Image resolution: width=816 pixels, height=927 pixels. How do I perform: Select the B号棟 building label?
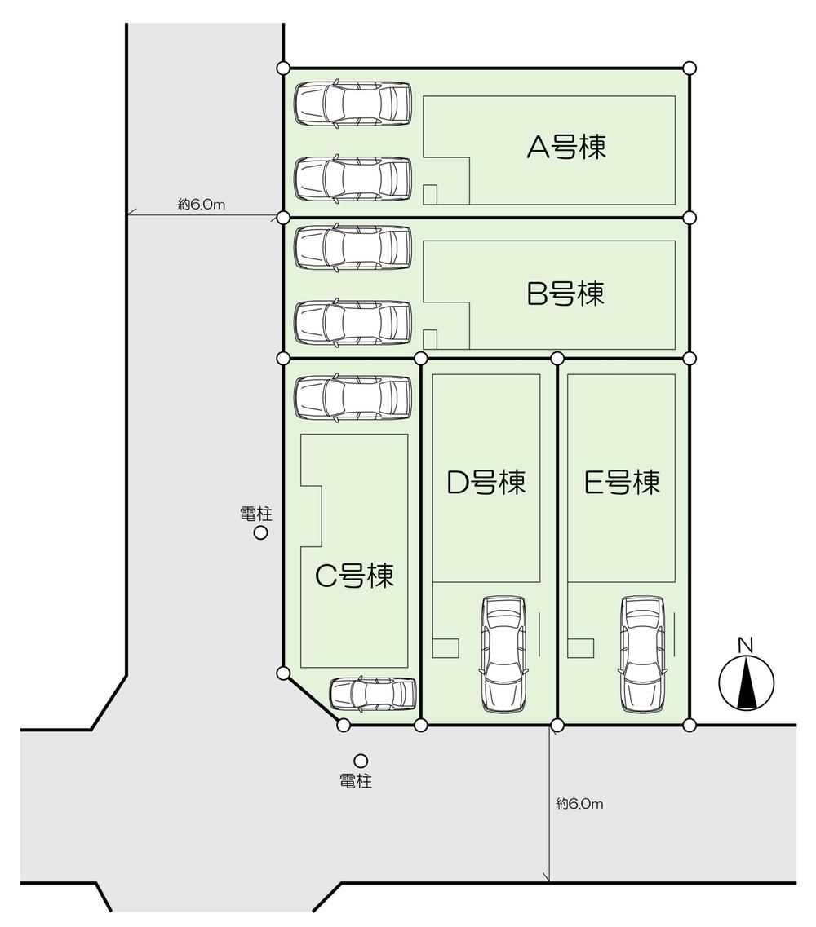tap(566, 293)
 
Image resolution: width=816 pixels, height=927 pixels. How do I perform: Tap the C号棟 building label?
tap(354, 576)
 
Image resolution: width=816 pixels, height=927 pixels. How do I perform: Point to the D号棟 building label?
tap(486, 482)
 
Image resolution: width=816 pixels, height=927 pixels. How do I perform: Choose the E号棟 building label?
tap(622, 482)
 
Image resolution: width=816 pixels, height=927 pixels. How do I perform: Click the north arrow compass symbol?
tap(746, 683)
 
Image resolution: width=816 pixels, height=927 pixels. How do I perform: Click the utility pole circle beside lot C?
tap(261, 533)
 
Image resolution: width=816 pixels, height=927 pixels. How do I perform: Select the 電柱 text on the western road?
tap(255, 514)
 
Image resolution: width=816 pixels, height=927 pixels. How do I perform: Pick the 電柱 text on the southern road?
tap(356, 781)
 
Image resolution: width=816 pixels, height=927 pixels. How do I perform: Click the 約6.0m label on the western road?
tap(202, 205)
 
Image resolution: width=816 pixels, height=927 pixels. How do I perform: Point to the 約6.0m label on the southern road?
tap(579, 804)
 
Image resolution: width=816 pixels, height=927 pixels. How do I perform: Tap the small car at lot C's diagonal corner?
tap(372, 694)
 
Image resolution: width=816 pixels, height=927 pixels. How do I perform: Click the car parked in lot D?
tap(503, 652)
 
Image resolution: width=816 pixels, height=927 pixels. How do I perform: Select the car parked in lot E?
tap(642, 652)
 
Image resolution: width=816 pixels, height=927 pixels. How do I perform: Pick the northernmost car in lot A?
tap(352, 104)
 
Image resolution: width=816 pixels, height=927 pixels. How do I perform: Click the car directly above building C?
tap(352, 398)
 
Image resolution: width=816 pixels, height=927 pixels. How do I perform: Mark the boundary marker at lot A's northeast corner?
tap(690, 67)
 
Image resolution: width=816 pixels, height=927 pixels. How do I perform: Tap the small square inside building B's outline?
tap(430, 338)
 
